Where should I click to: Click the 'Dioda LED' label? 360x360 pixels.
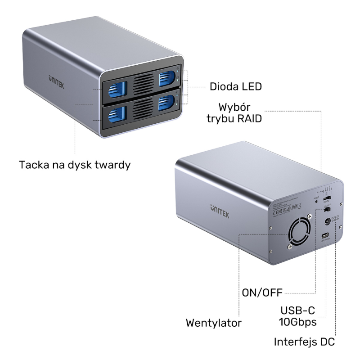coord(235,86)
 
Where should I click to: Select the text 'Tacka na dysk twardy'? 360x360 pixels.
coord(75,165)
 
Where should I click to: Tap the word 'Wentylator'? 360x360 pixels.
coord(213,323)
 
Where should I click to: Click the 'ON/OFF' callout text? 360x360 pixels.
coord(261,292)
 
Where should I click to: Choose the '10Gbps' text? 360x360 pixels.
coord(297,322)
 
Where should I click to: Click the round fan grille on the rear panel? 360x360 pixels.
coord(298,232)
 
